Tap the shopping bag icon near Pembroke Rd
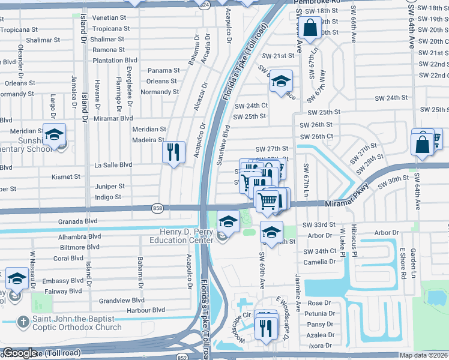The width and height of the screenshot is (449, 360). (x=310, y=26)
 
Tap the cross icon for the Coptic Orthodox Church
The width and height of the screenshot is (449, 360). (x=23, y=322)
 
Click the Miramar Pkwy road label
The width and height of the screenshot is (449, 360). (x=346, y=204)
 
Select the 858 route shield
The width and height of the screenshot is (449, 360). (x=157, y=208)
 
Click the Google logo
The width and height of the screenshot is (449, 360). (x=19, y=353)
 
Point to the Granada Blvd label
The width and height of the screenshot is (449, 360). (x=77, y=221)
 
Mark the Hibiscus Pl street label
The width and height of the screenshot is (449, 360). (x=354, y=244)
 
